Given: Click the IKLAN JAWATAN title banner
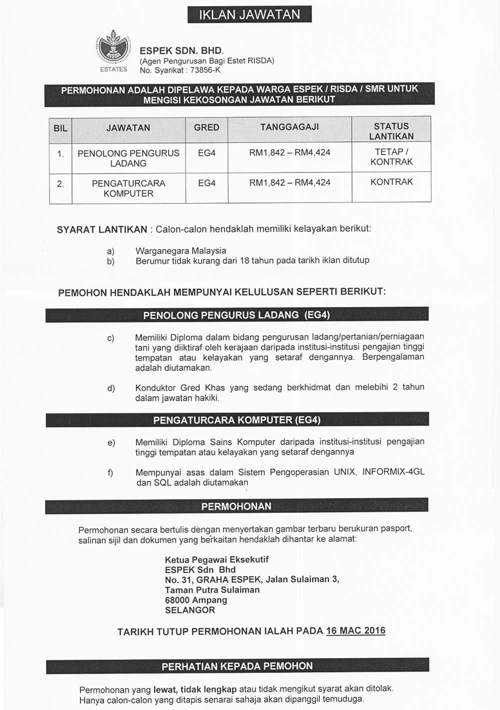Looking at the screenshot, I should click(x=249, y=14).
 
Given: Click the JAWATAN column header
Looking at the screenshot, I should click(x=128, y=128).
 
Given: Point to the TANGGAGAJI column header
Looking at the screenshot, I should click(x=289, y=127).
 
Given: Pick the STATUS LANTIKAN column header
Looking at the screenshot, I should click(x=391, y=131).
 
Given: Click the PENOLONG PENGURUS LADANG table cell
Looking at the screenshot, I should click(x=128, y=158).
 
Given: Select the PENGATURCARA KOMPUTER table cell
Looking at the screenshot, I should click(x=128, y=188).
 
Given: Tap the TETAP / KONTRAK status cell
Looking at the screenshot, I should click(x=391, y=157).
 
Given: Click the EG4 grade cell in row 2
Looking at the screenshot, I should click(x=206, y=183).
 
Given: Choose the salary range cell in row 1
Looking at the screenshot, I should click(x=289, y=152).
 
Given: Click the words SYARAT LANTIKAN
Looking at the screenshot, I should click(x=101, y=229).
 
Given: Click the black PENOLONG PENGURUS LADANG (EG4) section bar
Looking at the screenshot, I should click(x=236, y=315).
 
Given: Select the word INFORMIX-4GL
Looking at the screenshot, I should click(x=393, y=472).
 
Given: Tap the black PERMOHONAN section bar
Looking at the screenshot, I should click(x=236, y=506).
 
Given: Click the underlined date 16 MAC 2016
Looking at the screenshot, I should click(x=355, y=630).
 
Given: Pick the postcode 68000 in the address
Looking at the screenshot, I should click(x=177, y=600).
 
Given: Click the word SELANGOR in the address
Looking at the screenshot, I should click(x=190, y=610).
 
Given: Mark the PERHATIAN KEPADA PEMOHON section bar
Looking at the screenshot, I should click(x=237, y=666).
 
